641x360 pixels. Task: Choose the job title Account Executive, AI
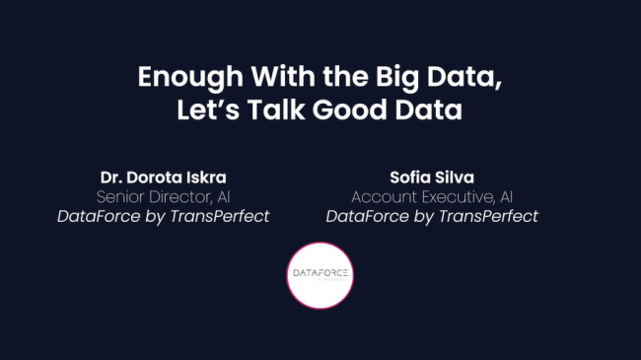click(432, 196)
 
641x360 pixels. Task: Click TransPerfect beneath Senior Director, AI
click(224, 216)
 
